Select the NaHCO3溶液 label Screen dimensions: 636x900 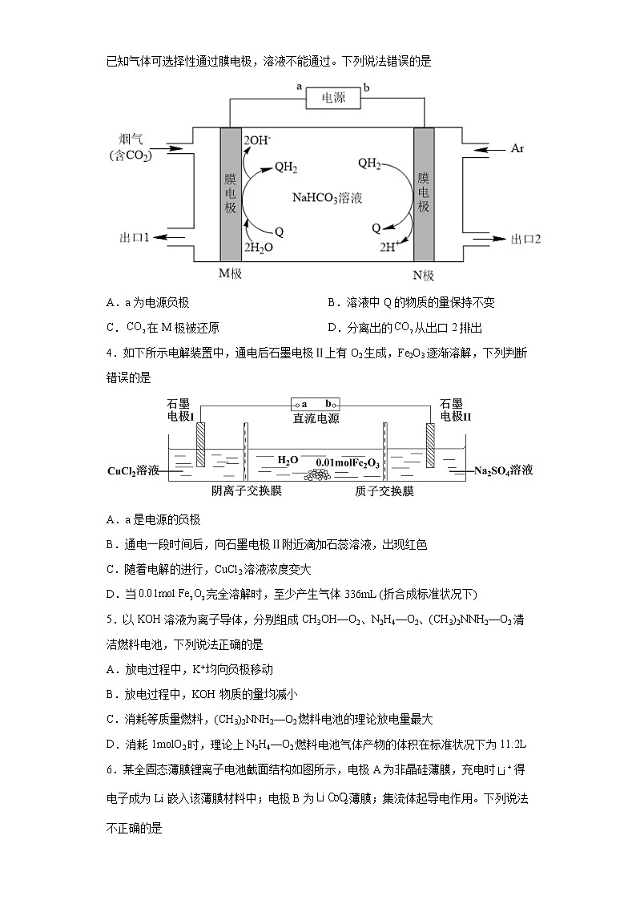327,197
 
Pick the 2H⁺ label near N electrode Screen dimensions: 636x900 395,247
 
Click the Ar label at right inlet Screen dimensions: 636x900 517,149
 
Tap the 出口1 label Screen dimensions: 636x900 135,238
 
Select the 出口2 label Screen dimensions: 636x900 526,239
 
